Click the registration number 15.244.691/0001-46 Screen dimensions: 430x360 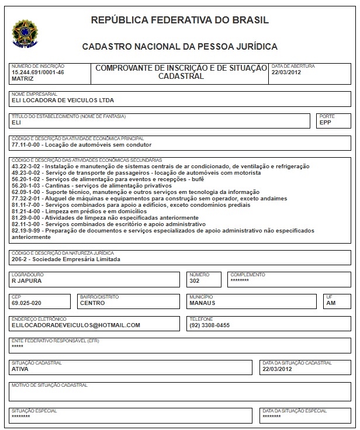pos(37,72)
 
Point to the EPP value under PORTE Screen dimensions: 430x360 pos(326,123)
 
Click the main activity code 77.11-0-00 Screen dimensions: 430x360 pos(26,144)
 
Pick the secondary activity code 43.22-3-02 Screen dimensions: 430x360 pos(26,167)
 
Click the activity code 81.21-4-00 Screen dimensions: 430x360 pos(26,211)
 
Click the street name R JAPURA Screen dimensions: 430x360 pos(26,281)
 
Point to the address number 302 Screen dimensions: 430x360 pos(195,281)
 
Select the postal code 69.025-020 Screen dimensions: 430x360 pos(27,303)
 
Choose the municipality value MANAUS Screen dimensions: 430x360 pos(202,303)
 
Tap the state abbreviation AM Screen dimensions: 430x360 pos(331,303)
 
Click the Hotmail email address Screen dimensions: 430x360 pos(75,325)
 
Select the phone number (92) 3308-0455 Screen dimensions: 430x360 pos(209,325)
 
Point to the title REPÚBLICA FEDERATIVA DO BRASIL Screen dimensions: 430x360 pos(180,20)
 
